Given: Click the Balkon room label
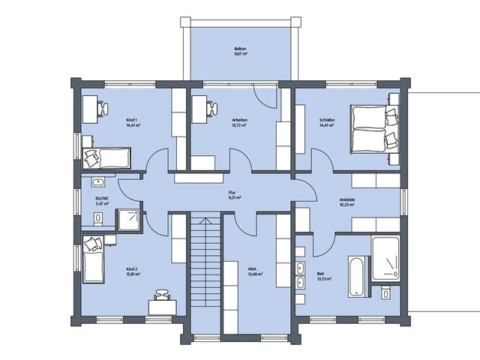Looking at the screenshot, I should pyautogui.click(x=240, y=52).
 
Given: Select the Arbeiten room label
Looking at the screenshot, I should pyautogui.click(x=240, y=121).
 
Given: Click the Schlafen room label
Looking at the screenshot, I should pyautogui.click(x=327, y=121).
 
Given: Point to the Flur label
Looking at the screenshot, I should pyautogui.click(x=233, y=196).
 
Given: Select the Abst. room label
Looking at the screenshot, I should pyautogui.click(x=253, y=272).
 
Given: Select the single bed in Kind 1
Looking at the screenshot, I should pyautogui.click(x=106, y=158).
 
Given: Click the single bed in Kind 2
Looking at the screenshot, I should pyautogui.click(x=93, y=261).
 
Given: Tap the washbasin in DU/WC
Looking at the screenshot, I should pyautogui.click(x=97, y=181).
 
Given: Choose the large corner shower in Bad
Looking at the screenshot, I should pyautogui.click(x=387, y=258).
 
